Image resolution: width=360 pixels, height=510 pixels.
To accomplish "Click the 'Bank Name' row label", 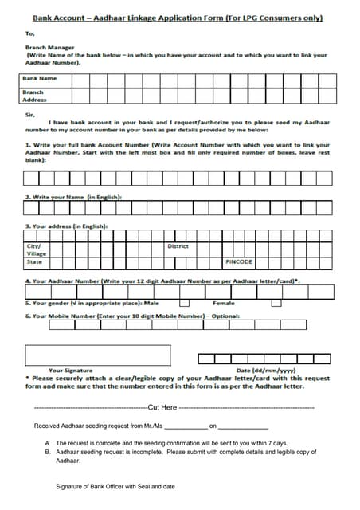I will pyautogui.click(x=39, y=79).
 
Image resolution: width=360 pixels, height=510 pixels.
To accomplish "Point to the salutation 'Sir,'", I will pyautogui.click(x=30, y=114).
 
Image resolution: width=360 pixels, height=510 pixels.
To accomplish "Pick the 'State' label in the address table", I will pyautogui.click(x=34, y=261).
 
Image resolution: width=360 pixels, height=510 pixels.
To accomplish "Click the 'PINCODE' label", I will pyautogui.click(x=239, y=261).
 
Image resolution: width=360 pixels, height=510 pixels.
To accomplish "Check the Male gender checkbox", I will pyautogui.click(x=184, y=303).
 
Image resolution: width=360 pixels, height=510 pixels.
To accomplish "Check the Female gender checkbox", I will pyautogui.click(x=276, y=303).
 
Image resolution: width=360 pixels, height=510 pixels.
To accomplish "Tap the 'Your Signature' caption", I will pyautogui.click(x=70, y=371).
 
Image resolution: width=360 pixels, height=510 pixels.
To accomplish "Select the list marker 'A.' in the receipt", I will pyautogui.click(x=48, y=443).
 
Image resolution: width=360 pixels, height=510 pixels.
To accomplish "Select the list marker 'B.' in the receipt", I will pyautogui.click(x=48, y=452).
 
